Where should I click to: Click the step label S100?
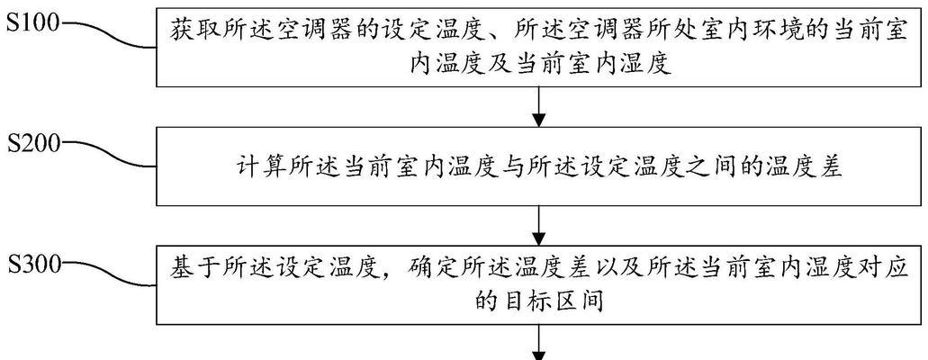tap(33, 24)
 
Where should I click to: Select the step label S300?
tap(33, 265)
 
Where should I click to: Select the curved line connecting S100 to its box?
tap(109, 35)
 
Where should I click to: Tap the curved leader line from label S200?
tap(109, 156)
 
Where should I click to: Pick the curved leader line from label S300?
tap(109, 276)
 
